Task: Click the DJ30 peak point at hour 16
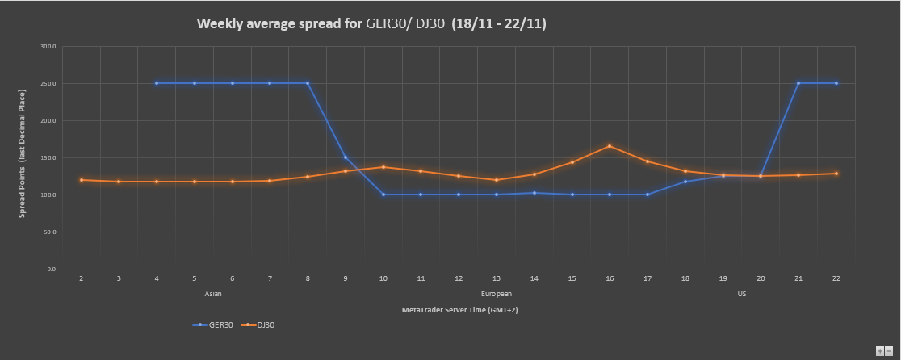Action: [x=610, y=146]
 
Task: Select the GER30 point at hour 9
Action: [x=346, y=157]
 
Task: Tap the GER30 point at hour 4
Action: [x=157, y=83]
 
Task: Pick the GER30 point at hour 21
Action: [x=798, y=83]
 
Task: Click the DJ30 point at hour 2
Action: [x=82, y=180]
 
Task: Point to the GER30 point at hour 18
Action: [x=685, y=182]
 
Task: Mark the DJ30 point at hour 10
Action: [x=383, y=167]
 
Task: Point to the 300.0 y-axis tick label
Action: [x=48, y=47]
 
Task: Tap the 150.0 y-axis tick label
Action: [x=48, y=157]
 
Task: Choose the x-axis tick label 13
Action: [x=497, y=278]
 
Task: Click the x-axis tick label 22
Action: [x=836, y=278]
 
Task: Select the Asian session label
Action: [x=214, y=294]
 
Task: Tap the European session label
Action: [x=496, y=294]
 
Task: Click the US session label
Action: [x=741, y=294]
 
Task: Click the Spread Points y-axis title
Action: [x=23, y=157]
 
